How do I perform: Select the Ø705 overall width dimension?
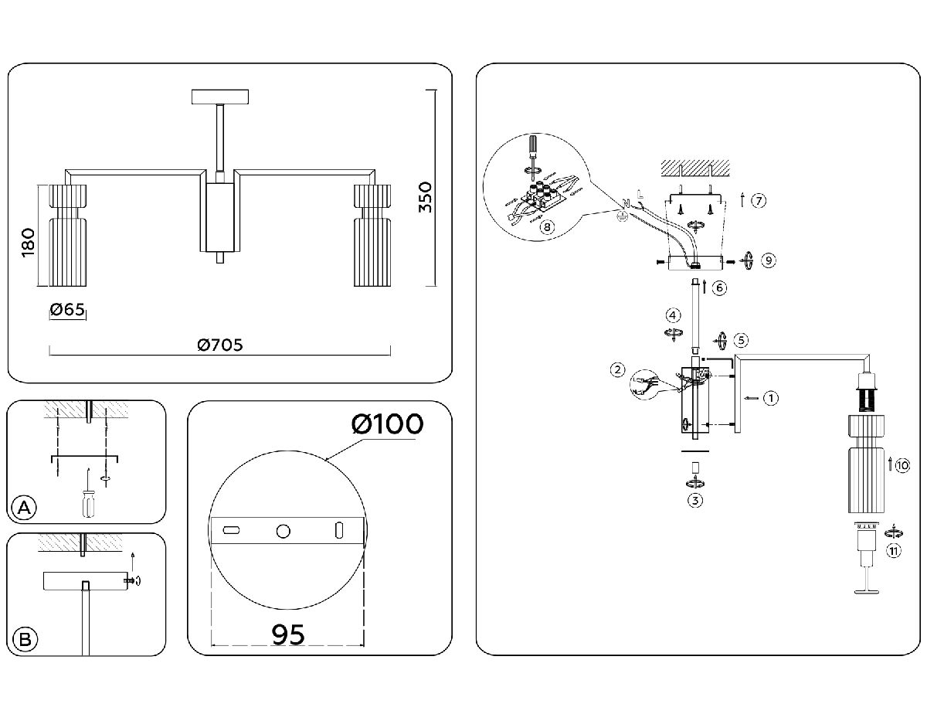pyautogui.click(x=219, y=345)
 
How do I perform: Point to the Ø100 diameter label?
pyautogui.click(x=386, y=424)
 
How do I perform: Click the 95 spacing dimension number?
pyautogui.click(x=288, y=633)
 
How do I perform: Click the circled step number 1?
pyautogui.click(x=769, y=399)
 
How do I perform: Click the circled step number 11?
pyautogui.click(x=893, y=550)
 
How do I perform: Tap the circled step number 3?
pyautogui.click(x=695, y=500)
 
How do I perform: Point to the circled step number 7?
pyautogui.click(x=759, y=201)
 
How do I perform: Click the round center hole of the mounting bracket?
pyautogui.click(x=284, y=531)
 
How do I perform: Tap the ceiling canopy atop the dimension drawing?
pyautogui.click(x=220, y=97)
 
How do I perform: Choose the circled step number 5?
pyautogui.click(x=742, y=340)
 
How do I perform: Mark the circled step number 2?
pyautogui.click(x=617, y=370)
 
